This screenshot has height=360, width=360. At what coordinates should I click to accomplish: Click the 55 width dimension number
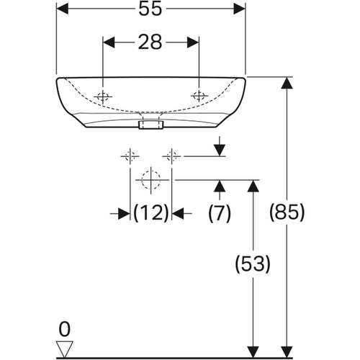[x=150, y=9]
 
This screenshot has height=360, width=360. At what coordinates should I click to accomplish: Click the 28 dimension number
[x=150, y=42]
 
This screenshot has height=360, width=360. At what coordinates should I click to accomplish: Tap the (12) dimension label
[x=151, y=212]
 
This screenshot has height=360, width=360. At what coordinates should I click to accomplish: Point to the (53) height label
[x=253, y=264]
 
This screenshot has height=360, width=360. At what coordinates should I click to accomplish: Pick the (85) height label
[x=287, y=212]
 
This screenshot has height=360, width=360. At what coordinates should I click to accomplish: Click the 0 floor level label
[x=64, y=329]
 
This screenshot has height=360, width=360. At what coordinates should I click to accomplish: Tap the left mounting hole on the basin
[x=103, y=96]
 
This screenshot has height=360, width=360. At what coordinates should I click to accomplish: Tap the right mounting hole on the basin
[x=199, y=96]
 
